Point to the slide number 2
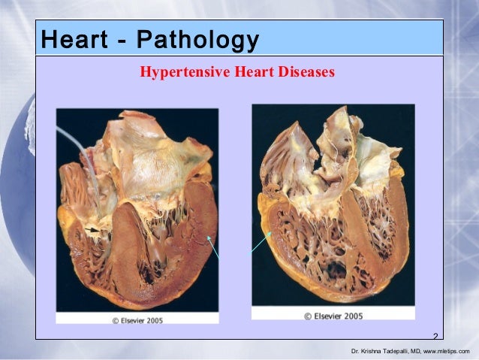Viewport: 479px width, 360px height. tap(435, 335)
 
